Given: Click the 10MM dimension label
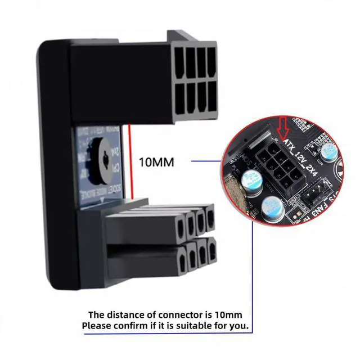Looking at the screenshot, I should click(x=156, y=163).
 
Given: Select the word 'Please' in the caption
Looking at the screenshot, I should click(x=97, y=326).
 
